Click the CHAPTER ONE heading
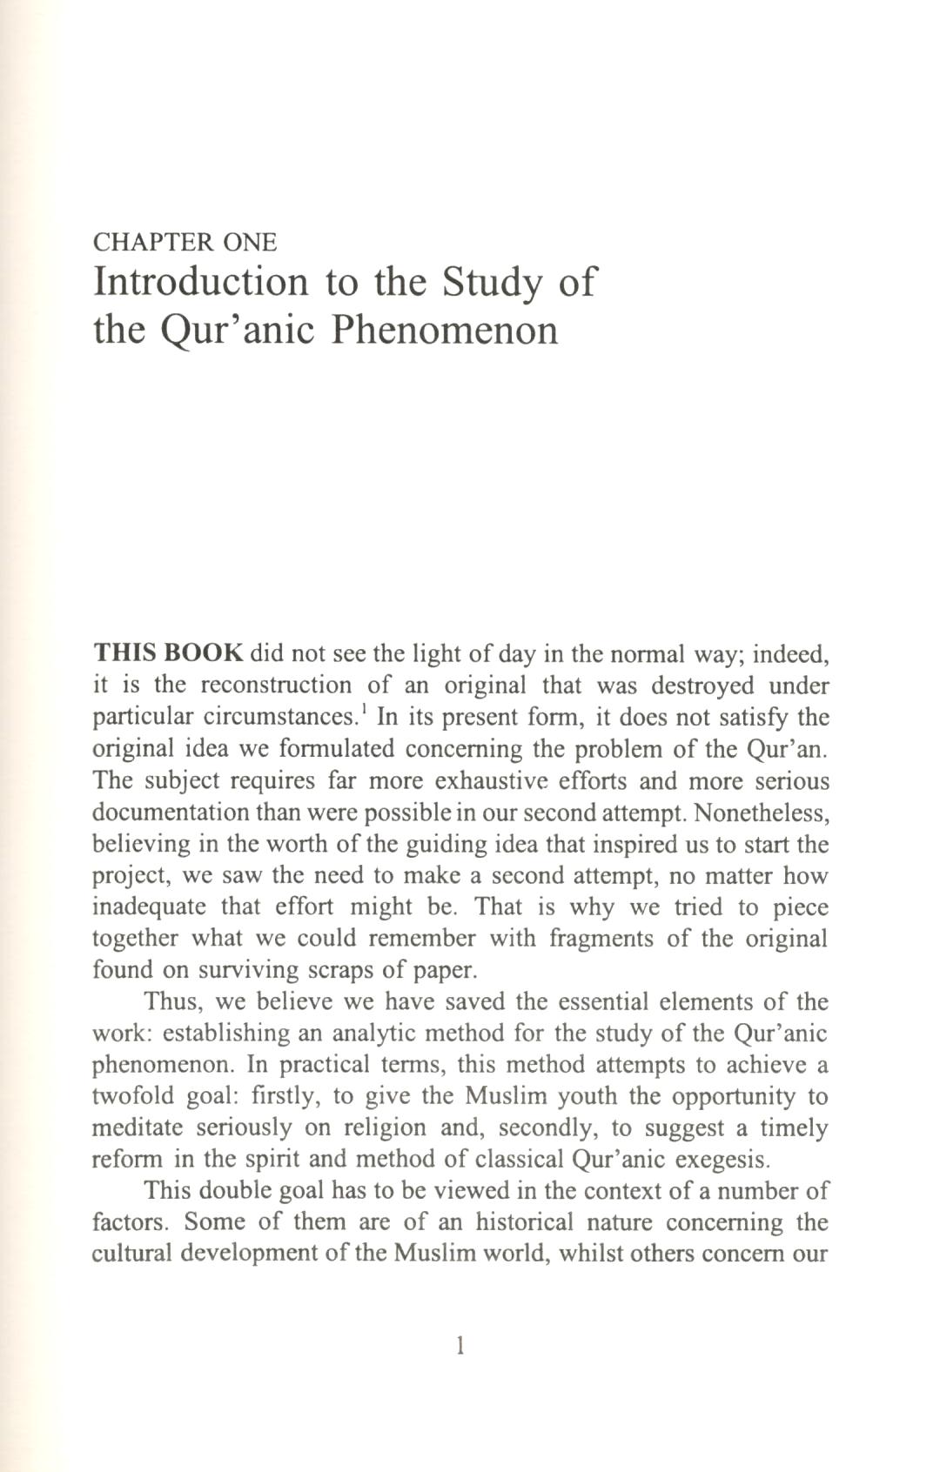click(x=185, y=242)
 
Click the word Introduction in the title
click(x=201, y=283)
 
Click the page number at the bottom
click(x=460, y=1347)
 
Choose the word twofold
click(x=132, y=1096)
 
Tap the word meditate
click(x=136, y=1127)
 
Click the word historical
click(x=524, y=1222)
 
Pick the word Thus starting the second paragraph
click(x=172, y=1001)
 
